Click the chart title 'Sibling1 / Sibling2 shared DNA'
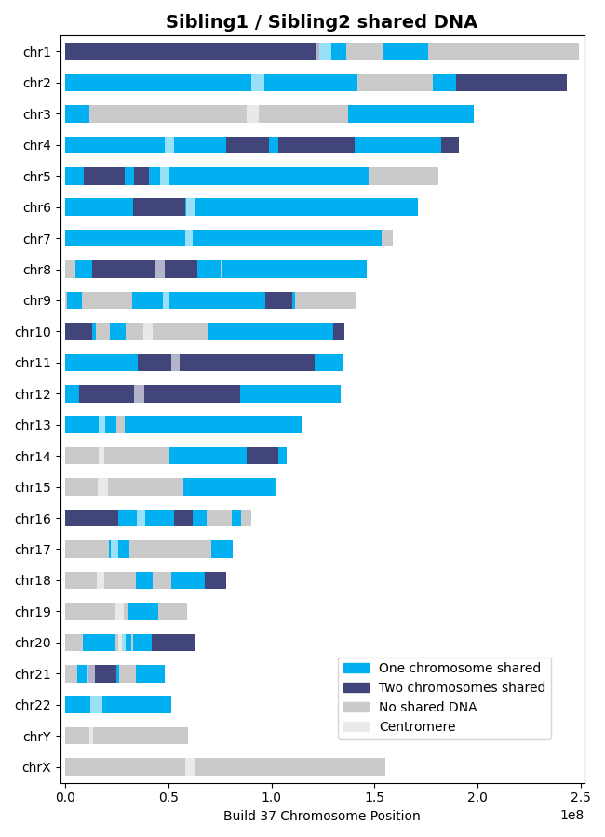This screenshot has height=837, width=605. click(321, 22)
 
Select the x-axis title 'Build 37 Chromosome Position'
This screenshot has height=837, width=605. click(321, 816)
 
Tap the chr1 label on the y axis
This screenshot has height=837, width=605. click(43, 52)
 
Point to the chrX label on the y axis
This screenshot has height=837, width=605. click(43, 767)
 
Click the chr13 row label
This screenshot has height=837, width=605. click(40, 425)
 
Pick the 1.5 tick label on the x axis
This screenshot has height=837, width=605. click(374, 797)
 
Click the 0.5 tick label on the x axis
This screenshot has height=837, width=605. click(168, 797)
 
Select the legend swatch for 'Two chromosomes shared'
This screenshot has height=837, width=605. click(356, 687)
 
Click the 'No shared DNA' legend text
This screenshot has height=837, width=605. click(427, 707)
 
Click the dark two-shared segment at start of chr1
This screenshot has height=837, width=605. click(190, 52)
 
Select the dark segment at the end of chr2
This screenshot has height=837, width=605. click(511, 83)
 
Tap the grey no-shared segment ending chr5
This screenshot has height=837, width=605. click(403, 176)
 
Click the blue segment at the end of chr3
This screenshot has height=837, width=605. click(410, 113)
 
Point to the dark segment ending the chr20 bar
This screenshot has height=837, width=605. click(173, 643)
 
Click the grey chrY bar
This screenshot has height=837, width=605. click(140, 736)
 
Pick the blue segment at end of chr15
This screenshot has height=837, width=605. click(230, 487)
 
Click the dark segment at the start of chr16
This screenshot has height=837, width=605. click(91, 518)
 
